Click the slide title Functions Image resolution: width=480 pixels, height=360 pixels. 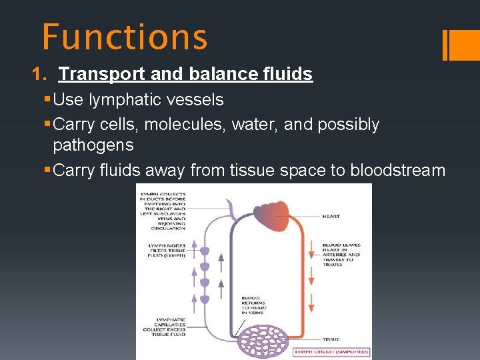point(125,37)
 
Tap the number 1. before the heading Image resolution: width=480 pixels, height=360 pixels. point(39,74)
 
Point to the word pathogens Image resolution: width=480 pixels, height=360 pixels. point(93,145)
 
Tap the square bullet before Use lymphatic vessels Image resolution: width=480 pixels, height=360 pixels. point(46,100)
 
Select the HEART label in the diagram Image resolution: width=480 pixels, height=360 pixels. point(331,217)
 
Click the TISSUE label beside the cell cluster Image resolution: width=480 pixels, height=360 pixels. point(331,339)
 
